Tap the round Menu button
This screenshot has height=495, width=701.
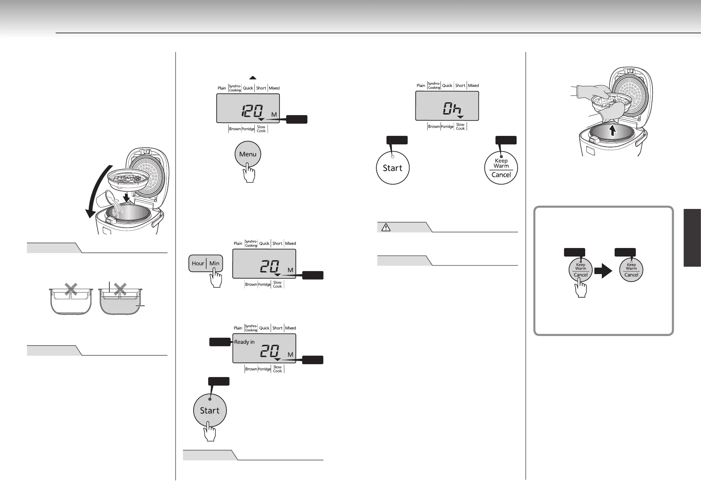tap(248, 154)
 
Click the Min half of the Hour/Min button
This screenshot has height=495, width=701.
tap(214, 263)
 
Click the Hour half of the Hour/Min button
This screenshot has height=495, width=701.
tap(198, 263)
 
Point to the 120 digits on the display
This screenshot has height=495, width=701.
tap(252, 111)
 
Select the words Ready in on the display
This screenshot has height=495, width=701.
tap(244, 342)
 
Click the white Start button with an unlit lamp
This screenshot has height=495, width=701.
tap(393, 168)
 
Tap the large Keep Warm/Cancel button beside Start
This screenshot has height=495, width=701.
tap(501, 168)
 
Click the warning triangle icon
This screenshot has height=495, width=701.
tap(386, 228)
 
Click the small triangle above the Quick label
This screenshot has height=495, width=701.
tap(253, 78)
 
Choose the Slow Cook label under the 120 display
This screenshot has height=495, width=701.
tap(261, 129)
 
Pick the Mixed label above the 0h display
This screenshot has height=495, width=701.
tap(473, 86)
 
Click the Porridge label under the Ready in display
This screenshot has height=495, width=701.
tap(264, 369)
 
